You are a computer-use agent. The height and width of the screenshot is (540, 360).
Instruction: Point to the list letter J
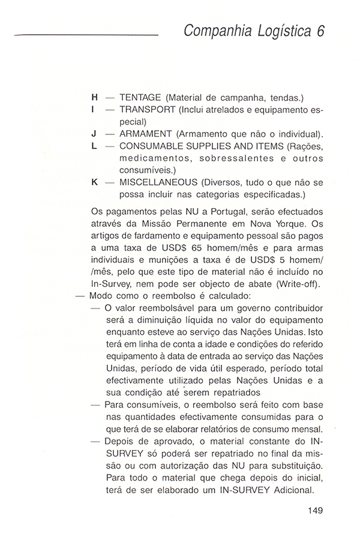(x=94, y=133)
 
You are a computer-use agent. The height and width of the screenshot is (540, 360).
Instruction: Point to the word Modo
(x=100, y=297)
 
